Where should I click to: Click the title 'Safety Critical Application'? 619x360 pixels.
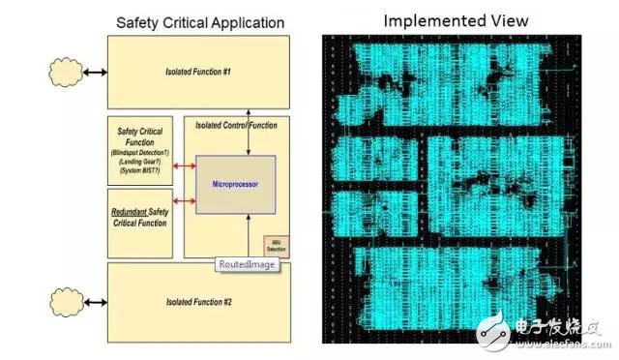(200, 21)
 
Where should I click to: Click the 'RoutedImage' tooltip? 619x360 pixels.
(248, 262)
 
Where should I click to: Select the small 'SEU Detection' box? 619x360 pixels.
(278, 247)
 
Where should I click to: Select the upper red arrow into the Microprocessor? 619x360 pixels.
(184, 165)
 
